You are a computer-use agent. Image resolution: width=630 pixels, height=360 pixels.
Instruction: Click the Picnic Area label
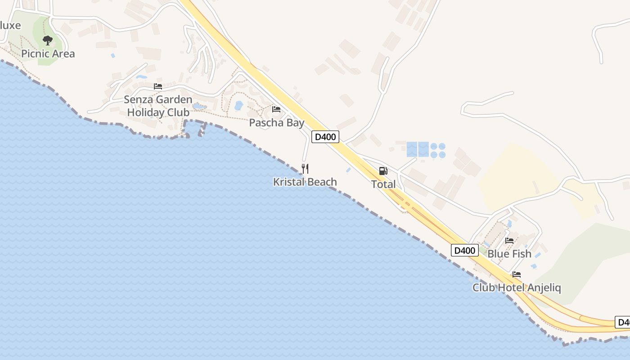click(x=48, y=54)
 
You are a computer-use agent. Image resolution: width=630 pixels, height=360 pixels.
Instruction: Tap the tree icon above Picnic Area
click(x=48, y=40)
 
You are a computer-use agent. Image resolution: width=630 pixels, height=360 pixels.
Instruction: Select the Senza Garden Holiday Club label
click(x=158, y=106)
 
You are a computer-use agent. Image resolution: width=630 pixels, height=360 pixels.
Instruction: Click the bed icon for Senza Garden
click(x=157, y=86)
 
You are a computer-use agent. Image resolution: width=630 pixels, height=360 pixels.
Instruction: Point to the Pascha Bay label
click(x=277, y=123)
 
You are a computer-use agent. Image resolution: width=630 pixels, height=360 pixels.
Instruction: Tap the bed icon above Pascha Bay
click(x=276, y=109)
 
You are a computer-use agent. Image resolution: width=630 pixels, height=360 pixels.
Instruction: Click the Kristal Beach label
click(x=305, y=182)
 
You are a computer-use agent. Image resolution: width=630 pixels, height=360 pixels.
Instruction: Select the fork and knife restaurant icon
click(x=305, y=169)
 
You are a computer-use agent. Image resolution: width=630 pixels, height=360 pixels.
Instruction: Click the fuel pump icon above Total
click(x=383, y=171)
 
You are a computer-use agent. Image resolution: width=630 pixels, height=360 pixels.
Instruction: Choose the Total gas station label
click(x=383, y=184)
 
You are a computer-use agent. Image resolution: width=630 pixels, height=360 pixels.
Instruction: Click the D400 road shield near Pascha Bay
click(x=325, y=136)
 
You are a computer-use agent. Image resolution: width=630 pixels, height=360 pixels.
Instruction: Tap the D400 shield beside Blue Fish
click(x=464, y=250)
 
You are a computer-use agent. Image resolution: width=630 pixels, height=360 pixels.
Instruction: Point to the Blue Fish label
click(x=509, y=254)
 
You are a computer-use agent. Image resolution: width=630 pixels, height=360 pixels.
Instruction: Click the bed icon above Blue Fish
click(x=509, y=240)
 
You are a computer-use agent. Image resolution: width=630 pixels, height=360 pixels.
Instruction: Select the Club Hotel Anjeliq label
click(x=517, y=288)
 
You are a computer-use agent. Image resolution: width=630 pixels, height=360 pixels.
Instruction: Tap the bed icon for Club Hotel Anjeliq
click(x=517, y=274)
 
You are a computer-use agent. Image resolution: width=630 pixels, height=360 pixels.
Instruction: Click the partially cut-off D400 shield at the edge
click(x=623, y=322)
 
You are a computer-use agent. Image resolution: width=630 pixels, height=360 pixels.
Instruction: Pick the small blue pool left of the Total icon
click(x=349, y=170)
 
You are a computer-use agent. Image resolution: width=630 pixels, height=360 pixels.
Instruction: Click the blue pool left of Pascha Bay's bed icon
click(x=238, y=106)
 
